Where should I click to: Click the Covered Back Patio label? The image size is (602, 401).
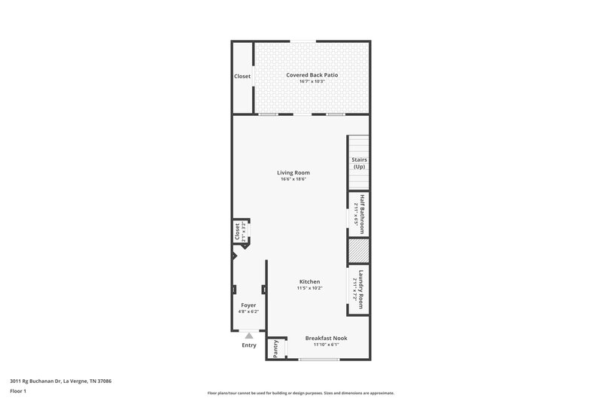[x=312, y=74]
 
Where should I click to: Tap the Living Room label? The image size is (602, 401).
[x=294, y=172]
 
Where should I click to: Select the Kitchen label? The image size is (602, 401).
[x=309, y=281]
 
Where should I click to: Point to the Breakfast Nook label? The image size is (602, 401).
[x=326, y=338]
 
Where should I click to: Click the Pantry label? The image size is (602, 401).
[x=276, y=348]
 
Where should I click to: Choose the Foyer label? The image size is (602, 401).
[x=248, y=305]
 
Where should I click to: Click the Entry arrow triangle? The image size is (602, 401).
[x=249, y=336]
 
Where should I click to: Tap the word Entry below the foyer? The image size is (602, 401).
[x=249, y=345]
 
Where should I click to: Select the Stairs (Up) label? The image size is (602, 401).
[x=360, y=163]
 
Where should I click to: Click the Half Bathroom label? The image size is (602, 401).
[x=361, y=214]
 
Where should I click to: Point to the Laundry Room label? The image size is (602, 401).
[x=361, y=289]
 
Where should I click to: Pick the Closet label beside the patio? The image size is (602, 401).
[x=242, y=76]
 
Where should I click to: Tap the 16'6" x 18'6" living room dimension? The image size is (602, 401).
[x=294, y=179]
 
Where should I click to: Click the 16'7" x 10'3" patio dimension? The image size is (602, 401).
[x=312, y=81]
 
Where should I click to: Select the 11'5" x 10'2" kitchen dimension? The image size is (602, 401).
[x=309, y=288]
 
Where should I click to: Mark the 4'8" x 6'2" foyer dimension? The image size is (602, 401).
[x=248, y=311]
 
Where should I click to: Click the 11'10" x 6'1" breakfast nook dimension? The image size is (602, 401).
[x=326, y=345]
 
